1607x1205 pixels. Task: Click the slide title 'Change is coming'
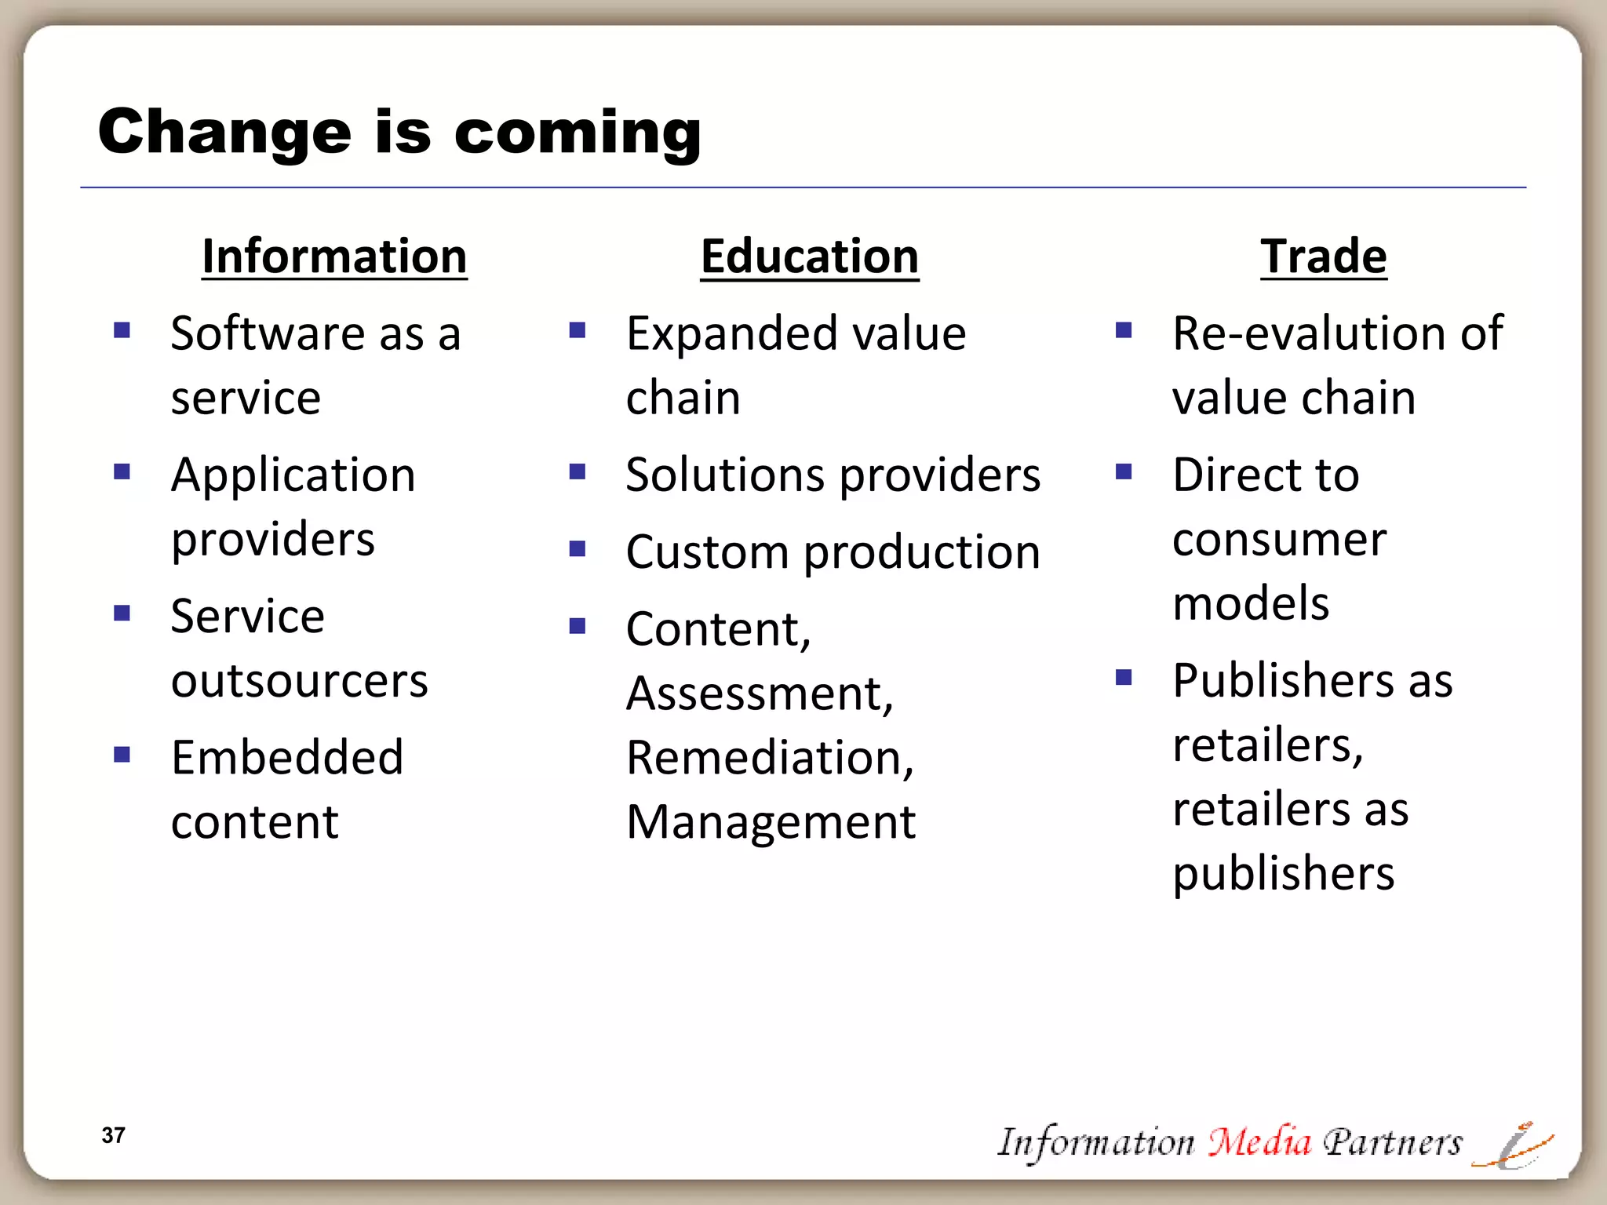pyautogui.click(x=399, y=132)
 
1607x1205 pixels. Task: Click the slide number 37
pyautogui.click(x=113, y=1135)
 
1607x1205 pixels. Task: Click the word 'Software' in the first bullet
pyautogui.click(x=267, y=333)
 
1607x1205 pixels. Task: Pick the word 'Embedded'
pyautogui.click(x=287, y=758)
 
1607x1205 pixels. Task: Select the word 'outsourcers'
pyautogui.click(x=300, y=680)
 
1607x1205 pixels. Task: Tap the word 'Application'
pyautogui.click(x=293, y=475)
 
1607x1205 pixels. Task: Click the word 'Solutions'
pyautogui.click(x=724, y=475)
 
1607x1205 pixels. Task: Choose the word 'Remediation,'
pyautogui.click(x=770, y=758)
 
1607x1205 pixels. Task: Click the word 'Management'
pyautogui.click(x=771, y=822)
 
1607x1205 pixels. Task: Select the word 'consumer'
pyautogui.click(x=1279, y=540)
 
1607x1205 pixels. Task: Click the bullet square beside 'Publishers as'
pyautogui.click(x=1124, y=677)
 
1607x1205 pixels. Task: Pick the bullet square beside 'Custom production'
pyautogui.click(x=578, y=548)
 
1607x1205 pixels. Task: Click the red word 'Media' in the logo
pyautogui.click(x=1259, y=1141)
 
